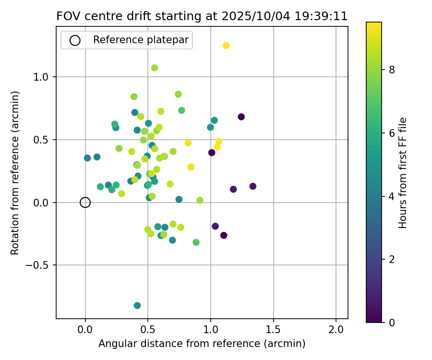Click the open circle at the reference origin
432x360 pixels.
[85, 203]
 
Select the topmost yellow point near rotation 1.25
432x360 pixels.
[226, 46]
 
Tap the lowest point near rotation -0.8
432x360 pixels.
[137, 305]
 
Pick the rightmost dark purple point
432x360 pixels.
[253, 186]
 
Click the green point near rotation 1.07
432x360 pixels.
[155, 68]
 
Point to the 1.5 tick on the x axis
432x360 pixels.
[274, 319]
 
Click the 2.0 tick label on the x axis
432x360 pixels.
[336, 330]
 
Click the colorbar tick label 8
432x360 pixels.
[392, 70]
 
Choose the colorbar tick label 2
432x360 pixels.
[392, 259]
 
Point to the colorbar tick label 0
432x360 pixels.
[392, 322]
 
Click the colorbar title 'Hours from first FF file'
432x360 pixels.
[403, 173]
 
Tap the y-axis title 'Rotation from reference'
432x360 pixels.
[15, 173]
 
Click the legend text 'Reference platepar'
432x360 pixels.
[141, 40]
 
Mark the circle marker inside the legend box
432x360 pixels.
[75, 40]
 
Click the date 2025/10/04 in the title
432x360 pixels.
[255, 16]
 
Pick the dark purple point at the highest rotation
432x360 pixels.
[241, 117]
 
